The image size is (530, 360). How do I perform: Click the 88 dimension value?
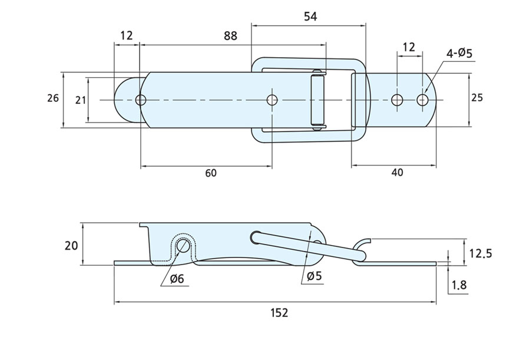coord(230,36)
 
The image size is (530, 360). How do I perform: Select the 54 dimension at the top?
coord(310,16)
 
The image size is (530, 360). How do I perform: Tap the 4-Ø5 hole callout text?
coord(459,54)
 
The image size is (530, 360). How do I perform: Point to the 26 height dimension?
coord(53,98)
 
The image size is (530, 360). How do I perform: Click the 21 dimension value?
coord(80,100)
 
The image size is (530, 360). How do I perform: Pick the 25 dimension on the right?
coord(477,98)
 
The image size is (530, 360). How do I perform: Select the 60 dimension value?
coord(211,173)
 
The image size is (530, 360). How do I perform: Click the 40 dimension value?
coord(397,173)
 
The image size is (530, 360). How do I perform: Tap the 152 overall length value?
coord(279,313)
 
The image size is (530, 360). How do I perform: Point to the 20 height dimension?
coord(71,244)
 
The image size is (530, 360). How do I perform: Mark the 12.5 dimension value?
coord(479,254)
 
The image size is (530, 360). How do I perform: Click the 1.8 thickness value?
coord(459,286)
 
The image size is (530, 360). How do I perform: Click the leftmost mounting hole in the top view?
coord(140,100)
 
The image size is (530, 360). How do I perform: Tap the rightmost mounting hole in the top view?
coord(422,100)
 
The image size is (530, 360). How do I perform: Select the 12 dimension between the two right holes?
coord(409,47)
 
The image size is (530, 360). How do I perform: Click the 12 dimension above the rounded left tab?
coord(126,36)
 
